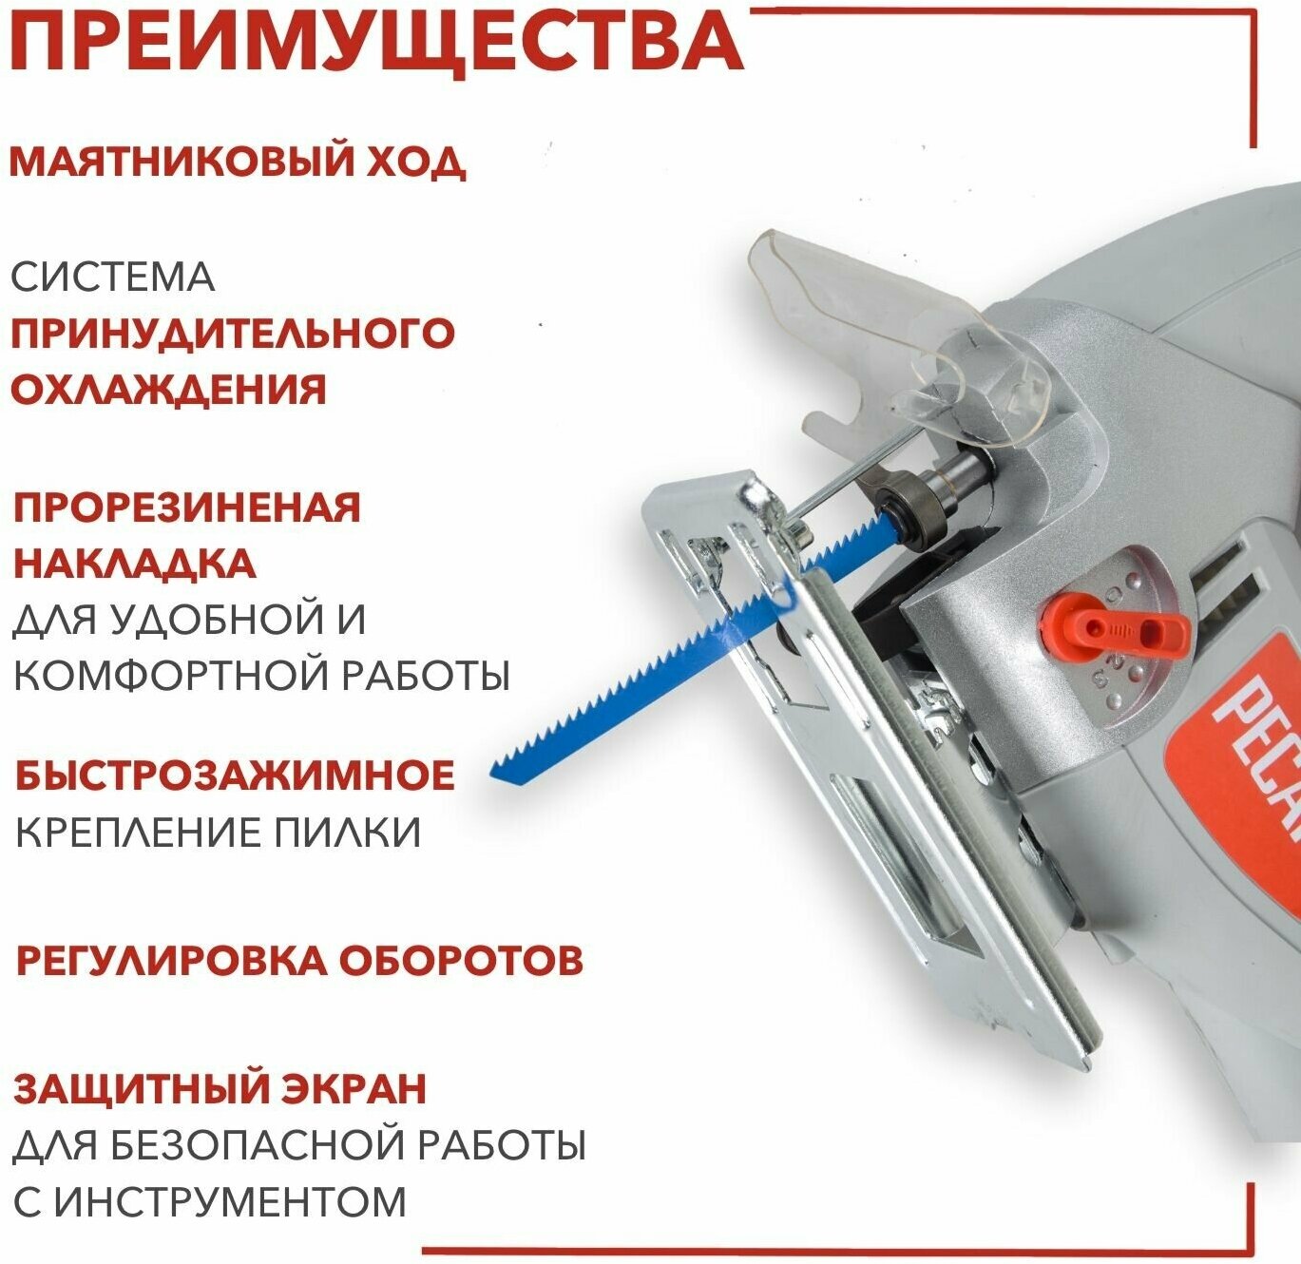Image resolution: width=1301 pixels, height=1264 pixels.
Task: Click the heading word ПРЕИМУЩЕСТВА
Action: click(x=375, y=42)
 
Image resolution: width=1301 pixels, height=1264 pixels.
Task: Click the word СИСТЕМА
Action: click(x=112, y=278)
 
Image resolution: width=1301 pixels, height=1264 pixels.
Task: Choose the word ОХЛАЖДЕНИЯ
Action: click(x=168, y=390)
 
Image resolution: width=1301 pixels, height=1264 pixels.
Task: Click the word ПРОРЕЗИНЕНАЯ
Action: click(x=187, y=508)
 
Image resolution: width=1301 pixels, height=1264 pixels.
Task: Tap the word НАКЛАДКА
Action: click(x=134, y=563)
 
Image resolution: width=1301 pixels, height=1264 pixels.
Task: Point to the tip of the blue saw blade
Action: click(x=492, y=774)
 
